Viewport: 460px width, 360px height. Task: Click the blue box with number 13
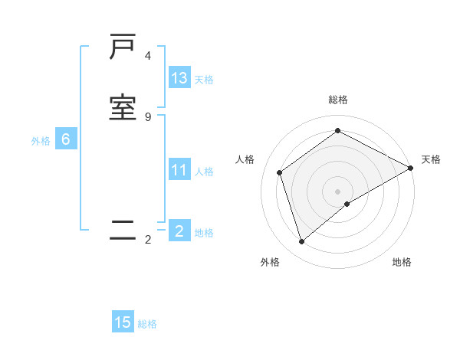[179, 78]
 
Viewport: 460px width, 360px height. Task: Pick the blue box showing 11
[179, 170]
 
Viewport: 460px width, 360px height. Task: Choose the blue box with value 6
[66, 139]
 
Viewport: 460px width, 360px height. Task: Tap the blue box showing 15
[123, 322]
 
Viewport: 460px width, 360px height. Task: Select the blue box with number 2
[179, 231]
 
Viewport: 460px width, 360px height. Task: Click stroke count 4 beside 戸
[148, 56]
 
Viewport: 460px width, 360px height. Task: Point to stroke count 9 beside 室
[148, 116]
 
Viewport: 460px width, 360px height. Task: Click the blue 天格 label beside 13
[204, 80]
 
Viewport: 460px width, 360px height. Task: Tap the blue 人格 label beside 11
[204, 172]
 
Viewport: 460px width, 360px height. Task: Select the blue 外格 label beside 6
[41, 141]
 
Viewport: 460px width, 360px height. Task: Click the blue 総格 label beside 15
[147, 324]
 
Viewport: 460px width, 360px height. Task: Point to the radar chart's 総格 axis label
[338, 100]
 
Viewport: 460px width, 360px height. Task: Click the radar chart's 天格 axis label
[431, 159]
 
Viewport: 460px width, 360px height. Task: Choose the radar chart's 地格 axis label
[402, 262]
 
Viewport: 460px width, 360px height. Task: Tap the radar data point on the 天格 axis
[411, 168]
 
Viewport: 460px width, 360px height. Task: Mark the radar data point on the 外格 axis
[302, 242]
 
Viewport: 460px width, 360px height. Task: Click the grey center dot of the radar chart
[338, 191]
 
